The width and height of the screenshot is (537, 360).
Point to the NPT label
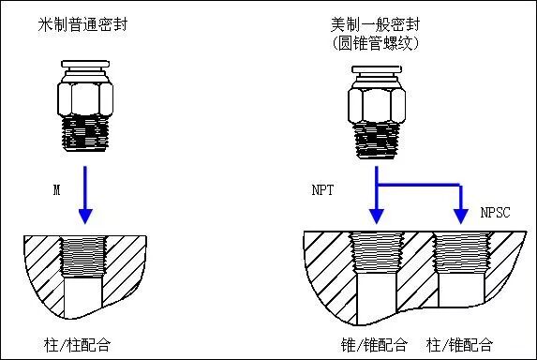click(323, 189)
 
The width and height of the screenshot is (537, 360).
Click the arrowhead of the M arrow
click(85, 215)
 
